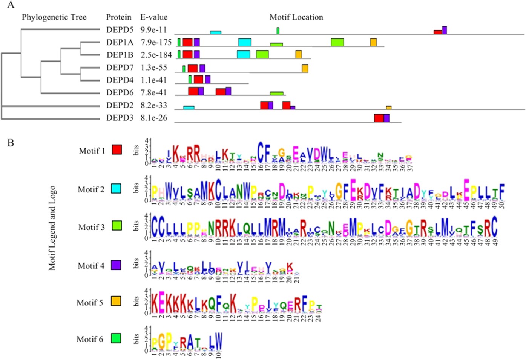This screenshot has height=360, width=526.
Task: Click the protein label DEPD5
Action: [x=120, y=30]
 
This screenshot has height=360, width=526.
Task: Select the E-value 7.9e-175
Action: [x=156, y=42]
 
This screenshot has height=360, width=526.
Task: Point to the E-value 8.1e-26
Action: [x=154, y=118]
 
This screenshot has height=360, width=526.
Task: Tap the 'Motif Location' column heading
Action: [x=296, y=17]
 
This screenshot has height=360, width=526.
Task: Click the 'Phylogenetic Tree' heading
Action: [x=54, y=17]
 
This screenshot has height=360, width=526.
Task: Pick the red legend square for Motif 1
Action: [x=117, y=149]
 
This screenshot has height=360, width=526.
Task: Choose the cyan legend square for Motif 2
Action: [x=116, y=188]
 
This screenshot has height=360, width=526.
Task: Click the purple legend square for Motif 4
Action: [x=116, y=265]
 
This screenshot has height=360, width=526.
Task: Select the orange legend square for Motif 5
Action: [x=116, y=301]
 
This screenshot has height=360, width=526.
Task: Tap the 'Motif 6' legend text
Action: [x=90, y=339]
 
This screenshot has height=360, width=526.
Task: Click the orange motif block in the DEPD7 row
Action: [x=305, y=68]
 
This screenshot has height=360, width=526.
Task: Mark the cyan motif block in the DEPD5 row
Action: [x=215, y=32]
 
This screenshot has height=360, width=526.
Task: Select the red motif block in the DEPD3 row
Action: [x=379, y=118]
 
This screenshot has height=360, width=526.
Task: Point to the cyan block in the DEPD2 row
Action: [x=189, y=108]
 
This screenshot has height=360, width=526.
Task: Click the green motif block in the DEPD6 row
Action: [x=276, y=93]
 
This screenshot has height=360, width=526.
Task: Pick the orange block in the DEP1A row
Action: [x=373, y=42]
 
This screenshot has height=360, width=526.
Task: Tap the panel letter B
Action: [x=11, y=143]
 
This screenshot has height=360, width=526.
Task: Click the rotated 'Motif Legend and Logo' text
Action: [x=52, y=228]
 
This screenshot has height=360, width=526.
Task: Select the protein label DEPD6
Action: [x=120, y=92]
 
